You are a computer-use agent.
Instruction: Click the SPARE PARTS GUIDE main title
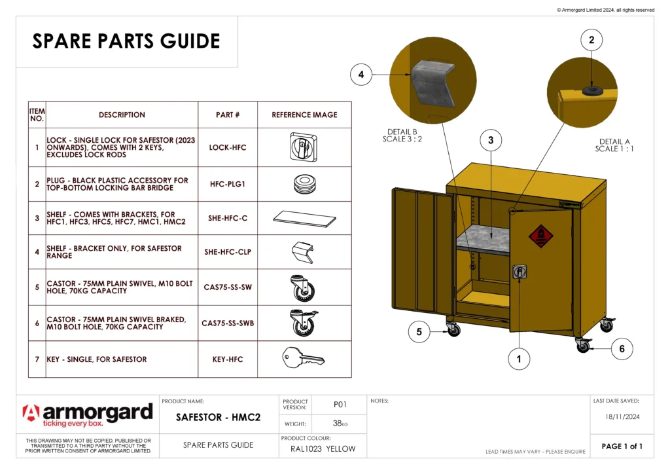click(x=126, y=41)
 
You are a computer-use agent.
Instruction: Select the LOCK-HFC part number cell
click(x=228, y=148)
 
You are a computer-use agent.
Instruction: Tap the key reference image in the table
click(x=304, y=358)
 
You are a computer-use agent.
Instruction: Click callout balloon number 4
click(x=361, y=75)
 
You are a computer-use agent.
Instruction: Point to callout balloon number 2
click(x=591, y=40)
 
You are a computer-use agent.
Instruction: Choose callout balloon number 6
click(x=622, y=349)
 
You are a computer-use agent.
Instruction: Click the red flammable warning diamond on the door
click(x=540, y=236)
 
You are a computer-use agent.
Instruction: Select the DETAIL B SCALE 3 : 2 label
click(x=402, y=135)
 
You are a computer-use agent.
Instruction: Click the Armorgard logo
click(x=88, y=415)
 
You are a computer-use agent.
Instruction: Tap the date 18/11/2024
click(x=622, y=416)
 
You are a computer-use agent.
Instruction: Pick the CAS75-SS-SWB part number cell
click(x=228, y=323)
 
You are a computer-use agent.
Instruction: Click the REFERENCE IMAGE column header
click(x=304, y=115)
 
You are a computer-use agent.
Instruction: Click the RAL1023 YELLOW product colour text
click(x=323, y=449)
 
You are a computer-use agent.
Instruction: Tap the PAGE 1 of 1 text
click(x=622, y=447)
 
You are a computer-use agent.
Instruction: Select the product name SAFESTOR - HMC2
click(x=219, y=417)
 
